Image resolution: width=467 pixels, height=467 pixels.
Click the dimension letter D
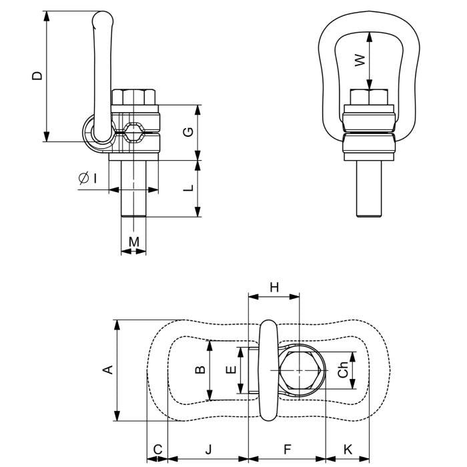pyautogui.click(x=37, y=75)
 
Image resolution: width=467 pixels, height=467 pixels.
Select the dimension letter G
pyautogui.click(x=189, y=131)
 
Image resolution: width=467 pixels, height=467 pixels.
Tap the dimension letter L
pyautogui.click(x=189, y=188)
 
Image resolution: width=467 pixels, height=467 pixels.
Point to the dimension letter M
pyautogui.click(x=134, y=240)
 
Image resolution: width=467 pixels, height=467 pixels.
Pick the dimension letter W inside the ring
pyautogui.click(x=360, y=60)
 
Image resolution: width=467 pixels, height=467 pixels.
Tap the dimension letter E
pyautogui.click(x=231, y=370)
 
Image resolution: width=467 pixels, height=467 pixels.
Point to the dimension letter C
pyautogui.click(x=157, y=450)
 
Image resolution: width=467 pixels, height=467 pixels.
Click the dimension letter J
pyautogui.click(x=207, y=450)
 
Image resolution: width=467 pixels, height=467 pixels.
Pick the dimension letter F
pyautogui.click(x=287, y=450)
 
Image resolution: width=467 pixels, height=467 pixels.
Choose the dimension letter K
pyautogui.click(x=348, y=450)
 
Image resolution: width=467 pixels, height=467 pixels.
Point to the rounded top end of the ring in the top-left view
pyautogui.click(x=102, y=19)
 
